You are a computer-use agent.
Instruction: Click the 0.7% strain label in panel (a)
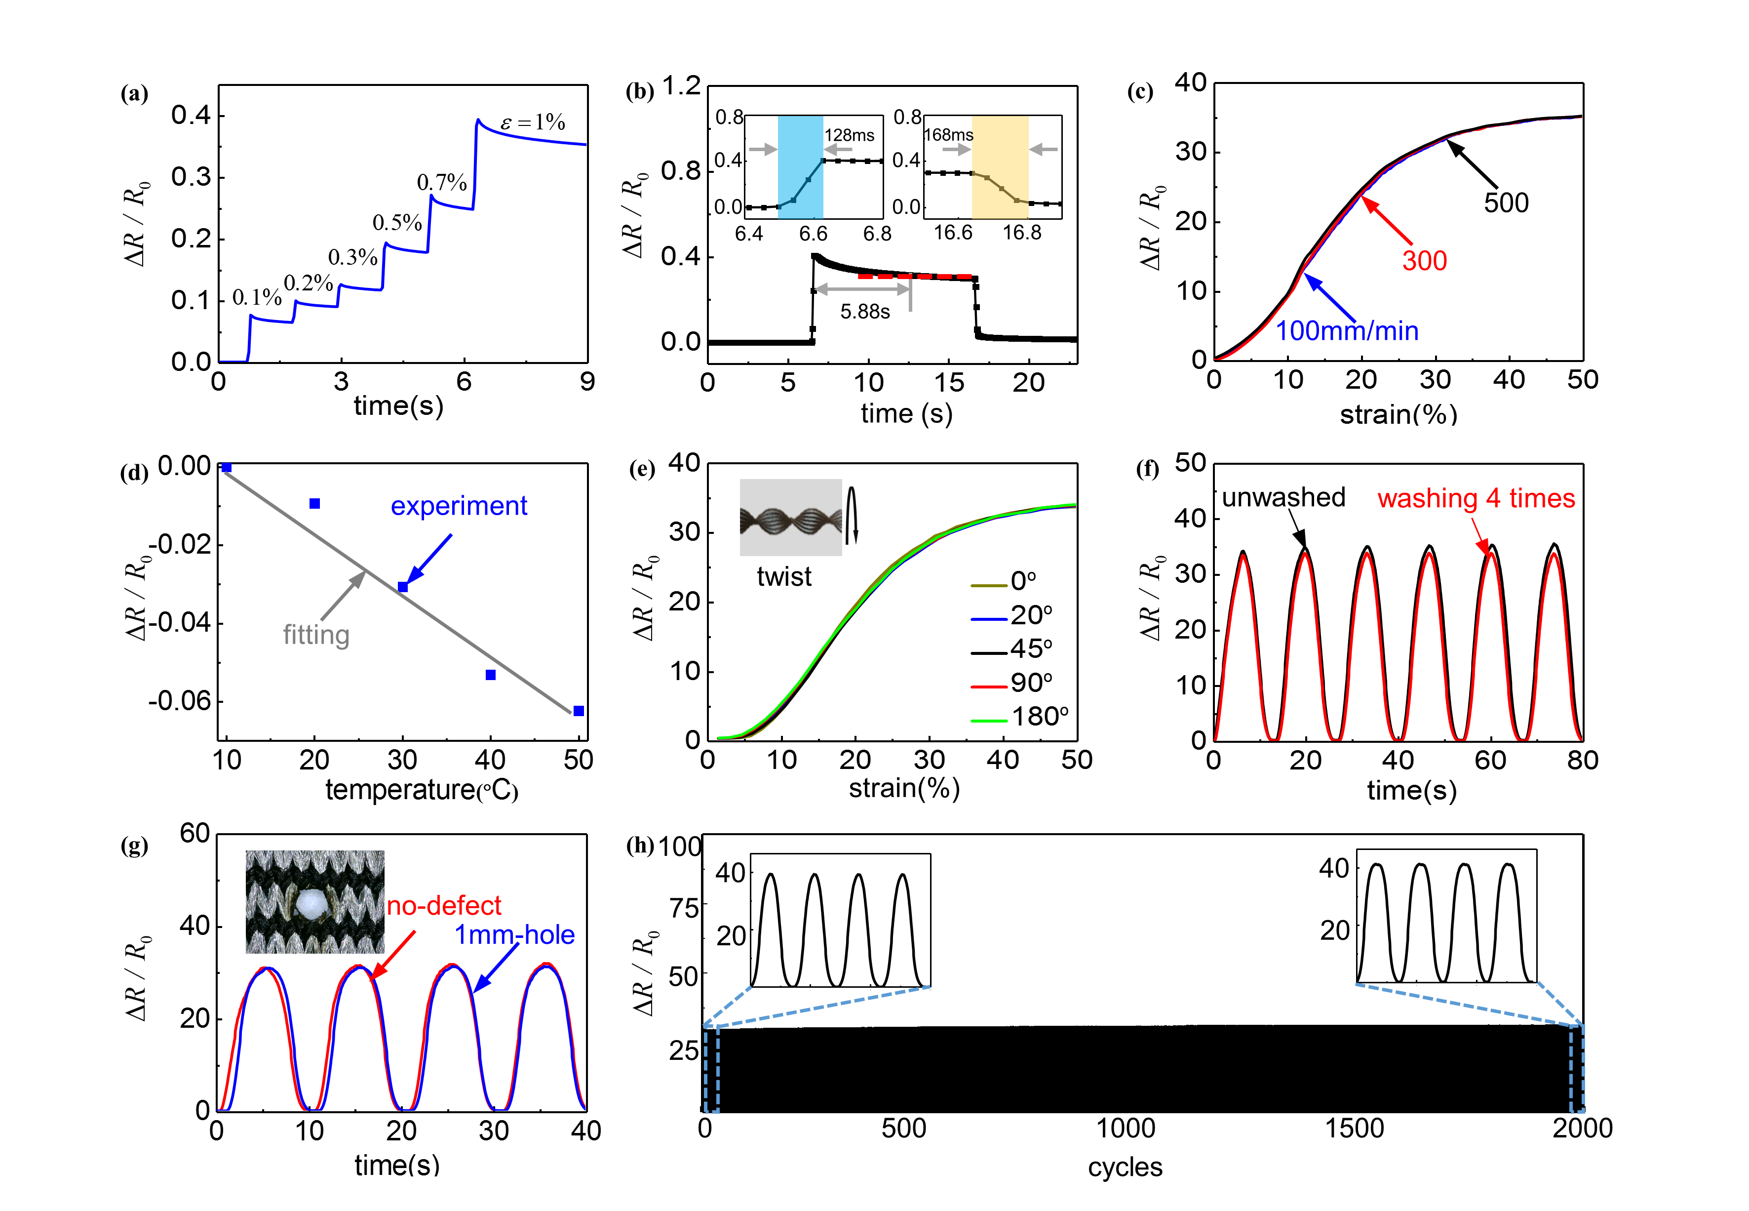(441, 182)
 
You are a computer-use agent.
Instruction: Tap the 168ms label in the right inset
(948, 135)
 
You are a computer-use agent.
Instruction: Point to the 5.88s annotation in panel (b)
(865, 312)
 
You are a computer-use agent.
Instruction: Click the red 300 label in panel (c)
(1424, 261)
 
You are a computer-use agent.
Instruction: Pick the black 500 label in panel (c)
(1506, 202)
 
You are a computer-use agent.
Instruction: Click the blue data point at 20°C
(315, 504)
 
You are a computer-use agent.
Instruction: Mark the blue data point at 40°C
(491, 675)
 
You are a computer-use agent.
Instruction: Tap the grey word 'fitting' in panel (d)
(316, 634)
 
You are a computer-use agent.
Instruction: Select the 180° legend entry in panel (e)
(1039, 716)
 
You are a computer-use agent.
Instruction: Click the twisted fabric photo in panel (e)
(790, 518)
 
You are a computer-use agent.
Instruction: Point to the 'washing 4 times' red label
(1476, 498)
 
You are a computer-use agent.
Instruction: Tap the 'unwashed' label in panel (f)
(1283, 497)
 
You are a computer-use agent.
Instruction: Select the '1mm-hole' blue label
(514, 935)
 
